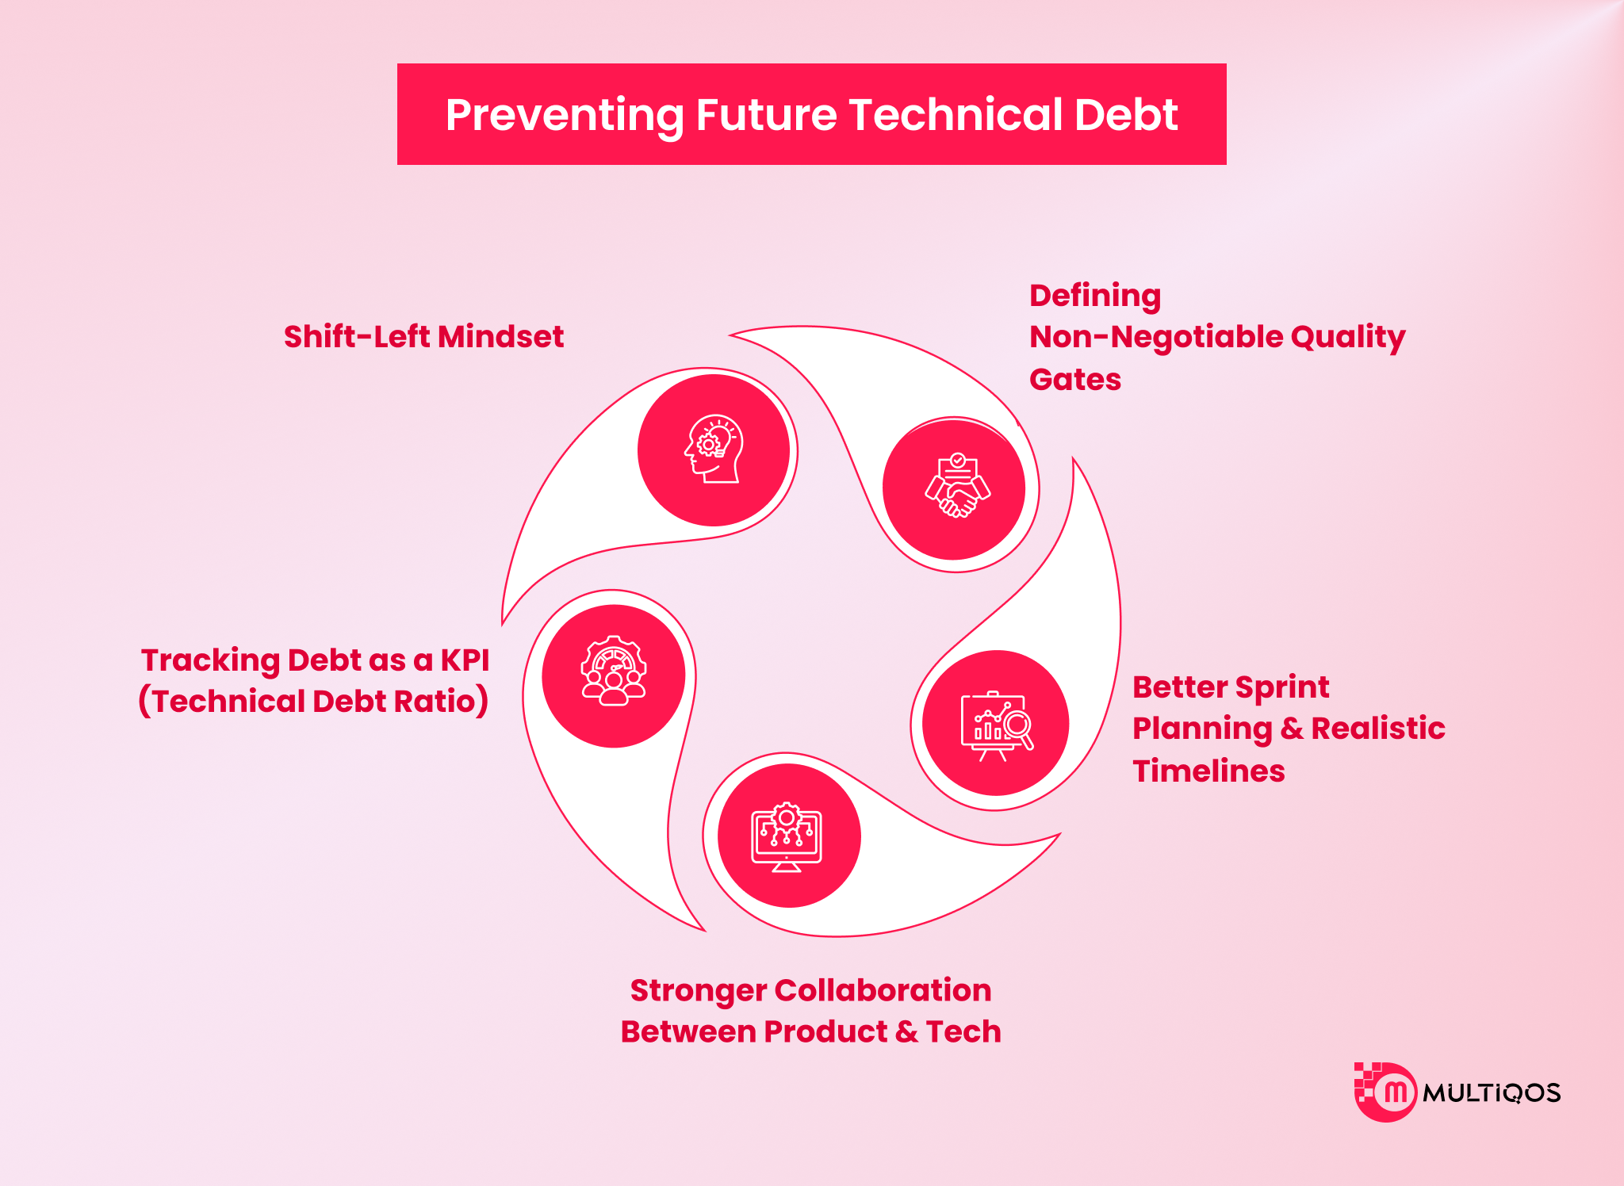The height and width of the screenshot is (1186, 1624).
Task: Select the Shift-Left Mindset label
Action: pos(423,337)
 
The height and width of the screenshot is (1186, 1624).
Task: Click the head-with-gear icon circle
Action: pos(714,450)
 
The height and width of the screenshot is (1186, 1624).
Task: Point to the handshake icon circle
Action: pos(955,488)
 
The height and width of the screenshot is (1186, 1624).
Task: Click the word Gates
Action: pos(1074,380)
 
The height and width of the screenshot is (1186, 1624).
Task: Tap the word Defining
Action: pos(1094,296)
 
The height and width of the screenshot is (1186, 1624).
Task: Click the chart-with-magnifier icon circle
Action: pos(996,723)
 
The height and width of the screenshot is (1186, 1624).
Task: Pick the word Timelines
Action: pos(1208,771)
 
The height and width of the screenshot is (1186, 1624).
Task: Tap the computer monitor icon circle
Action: pos(788,836)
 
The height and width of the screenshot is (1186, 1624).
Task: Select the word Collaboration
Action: pos(883,990)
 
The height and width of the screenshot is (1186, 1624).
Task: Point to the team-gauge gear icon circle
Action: pos(614,675)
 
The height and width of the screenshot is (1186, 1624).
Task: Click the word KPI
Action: pos(465,660)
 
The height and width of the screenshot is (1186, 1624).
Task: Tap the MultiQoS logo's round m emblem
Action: pos(1393,1092)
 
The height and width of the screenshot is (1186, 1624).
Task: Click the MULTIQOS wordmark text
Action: pos(1491,1093)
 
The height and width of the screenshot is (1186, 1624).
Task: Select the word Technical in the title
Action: pos(956,116)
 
